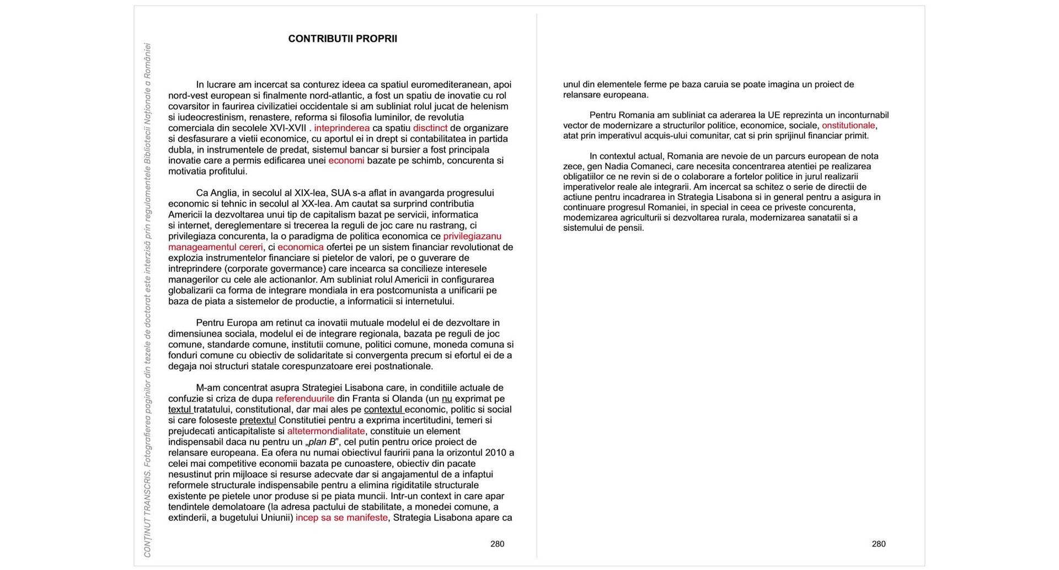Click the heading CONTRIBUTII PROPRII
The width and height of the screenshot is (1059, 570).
click(343, 39)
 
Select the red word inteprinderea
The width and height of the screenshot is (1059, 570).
click(341, 128)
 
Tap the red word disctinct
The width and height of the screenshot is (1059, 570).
click(430, 128)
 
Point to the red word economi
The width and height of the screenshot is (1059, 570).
click(346, 160)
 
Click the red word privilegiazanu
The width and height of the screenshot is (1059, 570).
click(472, 236)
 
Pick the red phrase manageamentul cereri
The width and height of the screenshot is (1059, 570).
click(216, 247)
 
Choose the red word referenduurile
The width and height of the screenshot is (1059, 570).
click(304, 399)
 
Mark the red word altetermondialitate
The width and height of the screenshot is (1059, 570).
click(326, 431)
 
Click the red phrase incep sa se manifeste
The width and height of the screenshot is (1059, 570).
click(341, 518)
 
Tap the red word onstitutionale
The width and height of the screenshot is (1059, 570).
click(848, 125)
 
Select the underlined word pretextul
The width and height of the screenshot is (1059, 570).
click(258, 420)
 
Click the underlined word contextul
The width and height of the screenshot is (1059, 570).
click(383, 410)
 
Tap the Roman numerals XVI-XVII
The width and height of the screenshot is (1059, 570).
click(287, 128)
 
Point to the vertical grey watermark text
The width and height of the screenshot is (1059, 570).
click(147, 300)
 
